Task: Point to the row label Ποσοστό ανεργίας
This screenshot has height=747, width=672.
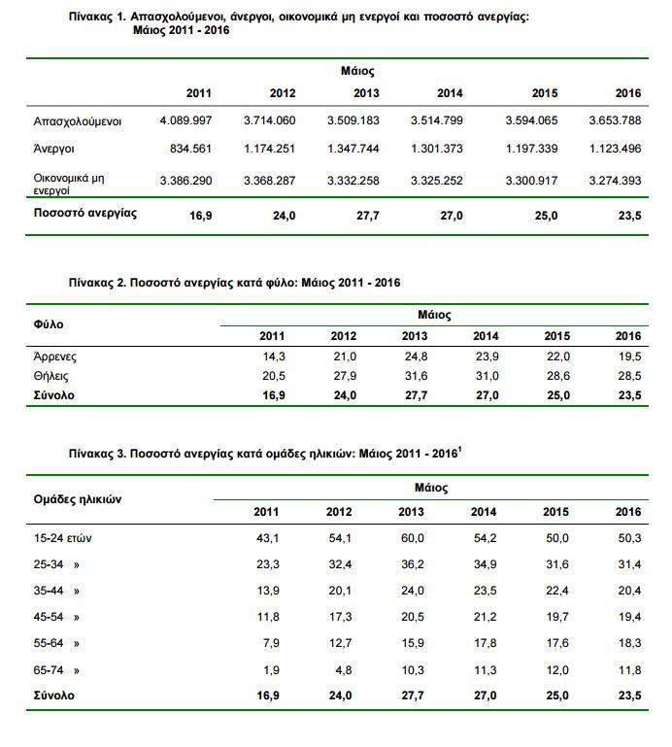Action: [x=84, y=212]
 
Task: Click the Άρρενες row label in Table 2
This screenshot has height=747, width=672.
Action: [x=55, y=357]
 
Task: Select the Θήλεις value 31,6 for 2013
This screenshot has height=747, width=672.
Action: [x=414, y=375]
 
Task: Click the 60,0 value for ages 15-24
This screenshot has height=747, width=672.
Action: [x=413, y=537]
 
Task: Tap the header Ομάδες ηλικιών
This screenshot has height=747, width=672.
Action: [x=78, y=498]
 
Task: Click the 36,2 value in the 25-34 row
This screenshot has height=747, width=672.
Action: [x=413, y=563]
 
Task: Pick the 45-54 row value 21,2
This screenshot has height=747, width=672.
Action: [x=484, y=617]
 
